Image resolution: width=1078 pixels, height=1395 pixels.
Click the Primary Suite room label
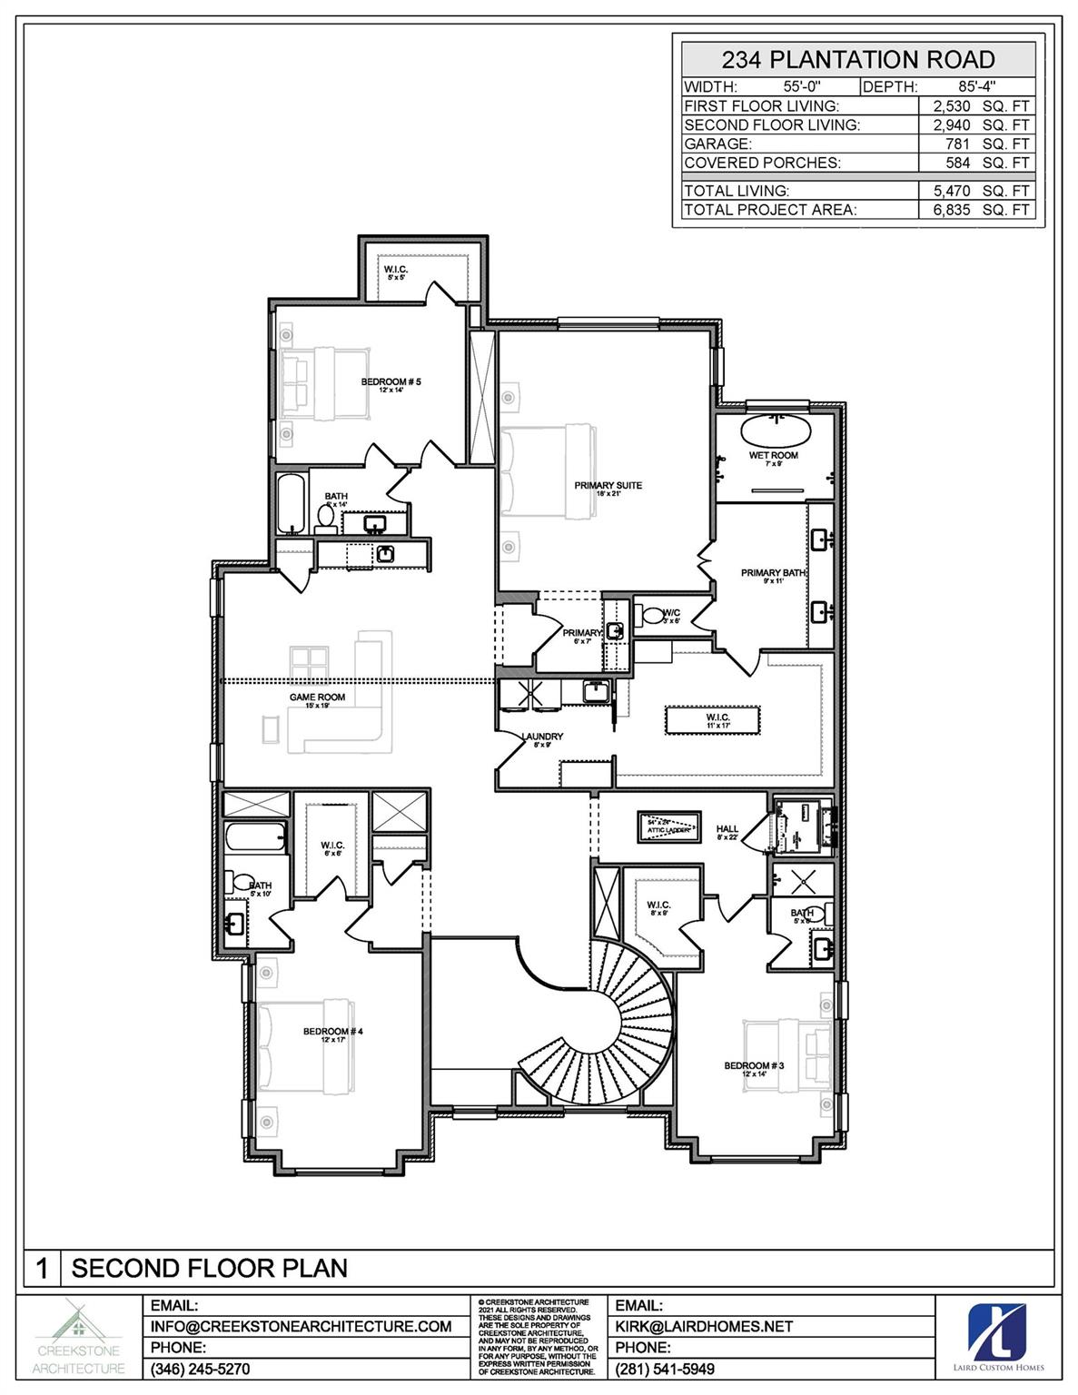point(608,486)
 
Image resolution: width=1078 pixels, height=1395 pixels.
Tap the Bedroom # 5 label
point(391,382)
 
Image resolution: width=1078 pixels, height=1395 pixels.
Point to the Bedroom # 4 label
point(333,1032)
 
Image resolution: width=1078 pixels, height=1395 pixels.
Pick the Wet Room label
point(774,455)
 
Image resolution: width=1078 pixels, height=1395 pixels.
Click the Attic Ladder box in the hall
point(668,827)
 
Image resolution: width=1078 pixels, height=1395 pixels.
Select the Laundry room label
point(542,737)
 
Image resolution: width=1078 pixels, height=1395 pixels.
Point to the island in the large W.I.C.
point(717,720)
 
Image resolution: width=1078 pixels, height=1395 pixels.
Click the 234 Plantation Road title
point(857,60)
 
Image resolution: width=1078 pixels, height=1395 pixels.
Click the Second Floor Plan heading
point(209,1268)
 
